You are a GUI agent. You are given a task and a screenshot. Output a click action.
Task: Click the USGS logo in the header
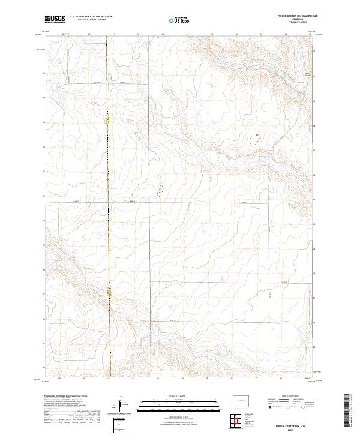tap(55, 19)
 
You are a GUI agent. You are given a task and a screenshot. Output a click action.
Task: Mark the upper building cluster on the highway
tap(107, 121)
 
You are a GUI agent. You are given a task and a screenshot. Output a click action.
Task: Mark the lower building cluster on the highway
tap(109, 292)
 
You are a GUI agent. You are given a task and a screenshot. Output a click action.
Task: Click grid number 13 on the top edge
tap(163, 35)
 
